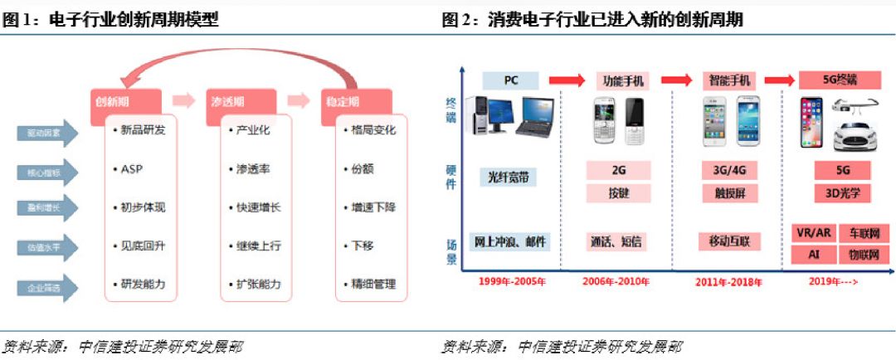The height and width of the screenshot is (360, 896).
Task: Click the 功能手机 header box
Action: pos(621,80)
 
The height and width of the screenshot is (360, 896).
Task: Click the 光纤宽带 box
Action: pos(509,177)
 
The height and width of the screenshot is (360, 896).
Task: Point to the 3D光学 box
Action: pos(842,193)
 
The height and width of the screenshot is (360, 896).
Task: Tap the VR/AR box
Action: pos(813,233)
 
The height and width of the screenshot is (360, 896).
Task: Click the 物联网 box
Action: pos(864,254)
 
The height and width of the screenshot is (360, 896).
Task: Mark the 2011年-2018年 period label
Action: pos(728,282)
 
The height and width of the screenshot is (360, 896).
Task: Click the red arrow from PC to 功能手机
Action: pos(567,80)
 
